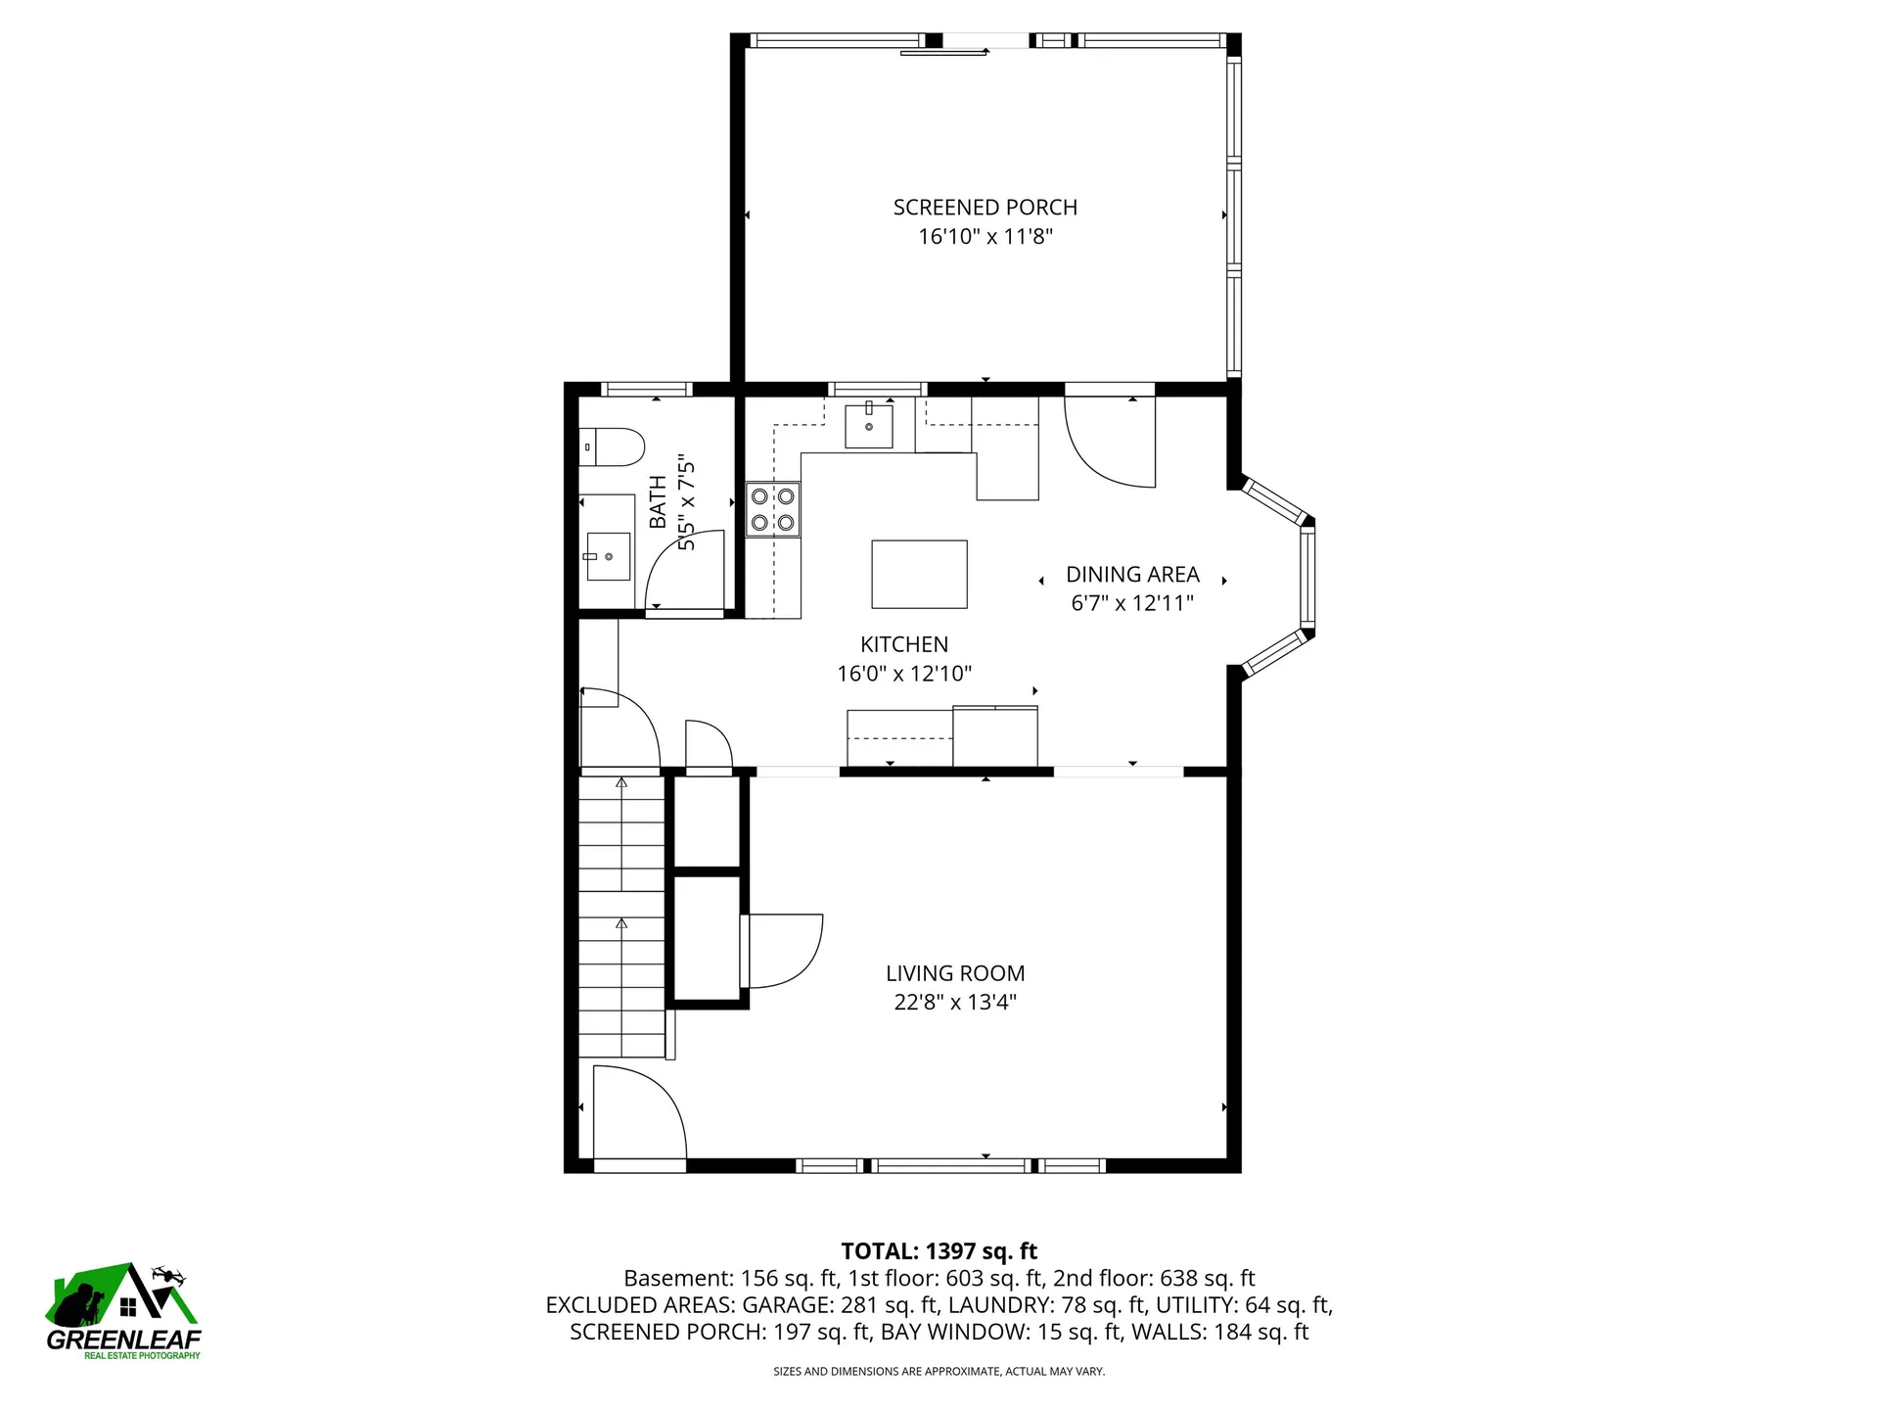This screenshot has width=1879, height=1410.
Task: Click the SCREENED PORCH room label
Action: [985, 208]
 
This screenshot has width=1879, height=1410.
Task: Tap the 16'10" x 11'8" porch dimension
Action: [985, 236]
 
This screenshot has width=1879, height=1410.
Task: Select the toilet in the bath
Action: [612, 448]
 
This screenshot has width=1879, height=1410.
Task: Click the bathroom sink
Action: [607, 556]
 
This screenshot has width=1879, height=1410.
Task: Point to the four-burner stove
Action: [773, 509]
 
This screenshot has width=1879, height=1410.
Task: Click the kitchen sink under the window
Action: [869, 425]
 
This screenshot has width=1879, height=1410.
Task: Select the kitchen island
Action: [919, 574]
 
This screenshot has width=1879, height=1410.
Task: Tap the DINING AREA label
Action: [1132, 575]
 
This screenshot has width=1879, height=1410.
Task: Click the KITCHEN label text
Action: [904, 644]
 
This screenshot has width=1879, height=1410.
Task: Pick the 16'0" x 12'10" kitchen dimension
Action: [904, 674]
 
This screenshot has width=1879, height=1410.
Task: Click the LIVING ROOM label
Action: [955, 973]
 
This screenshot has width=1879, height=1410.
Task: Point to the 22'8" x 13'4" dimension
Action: [955, 1002]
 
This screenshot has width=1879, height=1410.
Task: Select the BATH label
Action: [658, 501]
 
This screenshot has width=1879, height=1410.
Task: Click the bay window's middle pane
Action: [1307, 576]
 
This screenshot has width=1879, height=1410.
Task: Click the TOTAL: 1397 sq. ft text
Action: [939, 1251]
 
